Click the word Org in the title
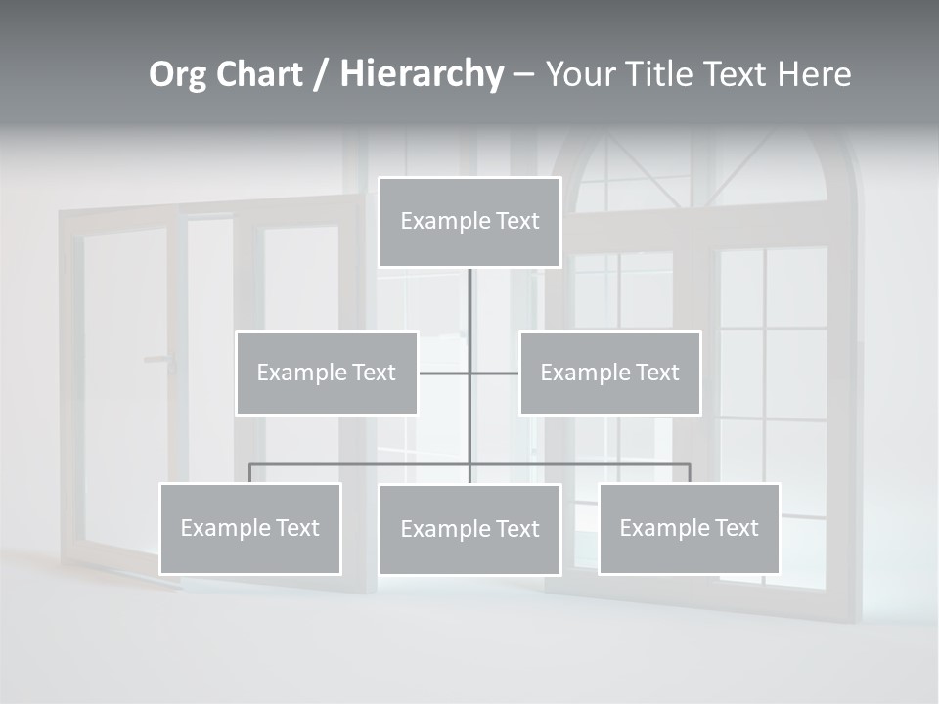tap(177, 74)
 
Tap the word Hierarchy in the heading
tap(421, 74)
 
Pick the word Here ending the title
tap(814, 74)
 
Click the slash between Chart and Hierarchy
tap(322, 74)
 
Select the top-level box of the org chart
tap(469, 222)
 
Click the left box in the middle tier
tap(327, 373)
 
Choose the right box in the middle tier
tap(610, 373)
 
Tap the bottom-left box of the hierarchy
tap(250, 529)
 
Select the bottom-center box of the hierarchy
tap(469, 529)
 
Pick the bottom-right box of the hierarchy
tap(690, 529)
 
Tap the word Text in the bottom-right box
tap(736, 528)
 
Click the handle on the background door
tap(160, 360)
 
